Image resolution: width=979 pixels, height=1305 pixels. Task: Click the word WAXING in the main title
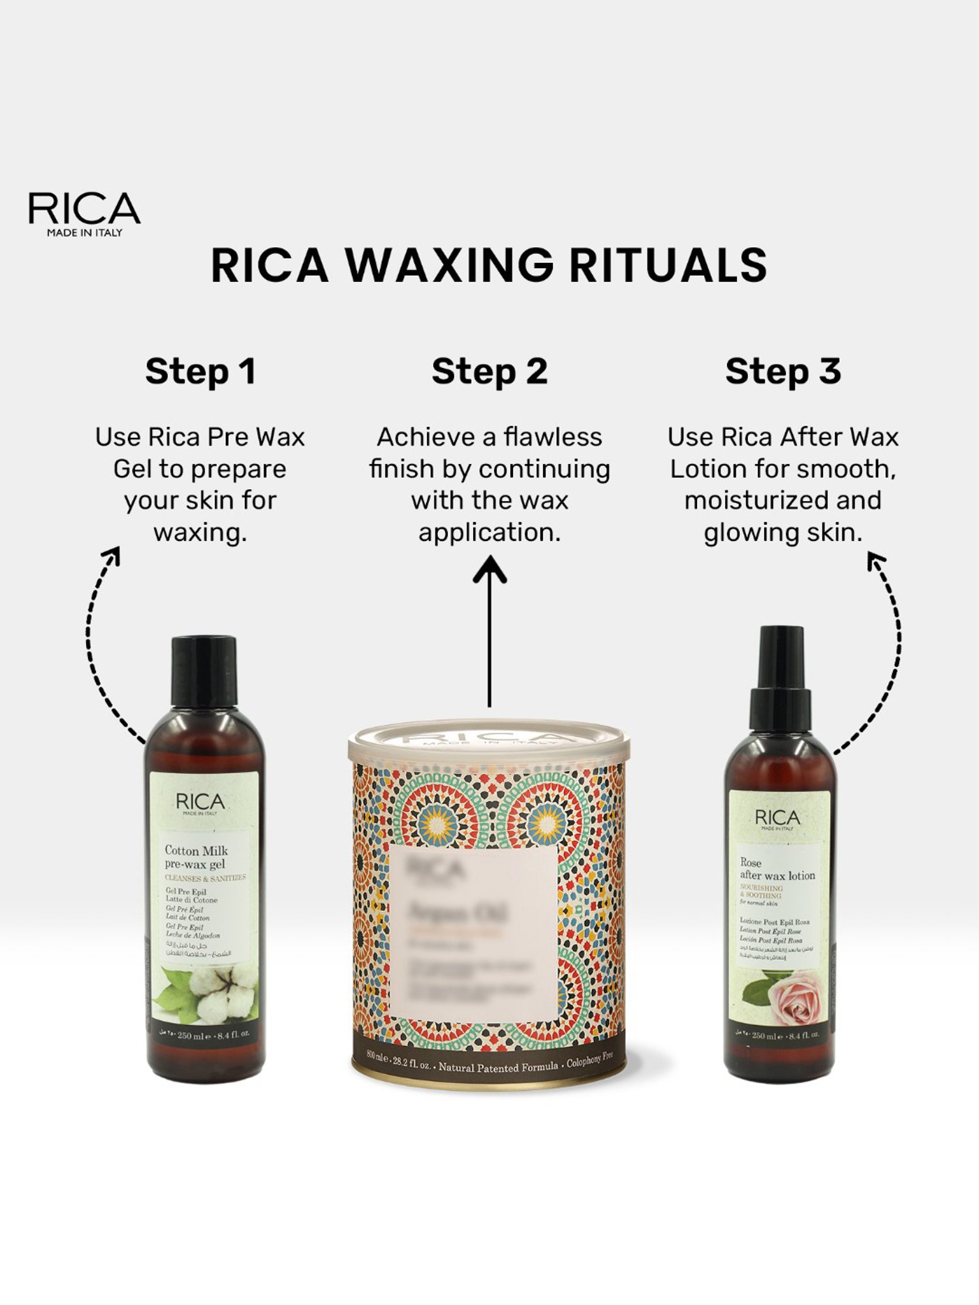[449, 265]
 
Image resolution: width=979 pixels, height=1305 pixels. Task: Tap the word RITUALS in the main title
[668, 265]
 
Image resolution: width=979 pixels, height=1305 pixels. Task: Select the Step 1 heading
[200, 371]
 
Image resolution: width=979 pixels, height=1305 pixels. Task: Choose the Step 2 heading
[489, 371]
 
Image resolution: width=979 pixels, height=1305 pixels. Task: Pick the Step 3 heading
[783, 371]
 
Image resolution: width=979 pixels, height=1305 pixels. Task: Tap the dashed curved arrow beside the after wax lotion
[889, 652]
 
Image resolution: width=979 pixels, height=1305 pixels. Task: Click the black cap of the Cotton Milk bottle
[204, 671]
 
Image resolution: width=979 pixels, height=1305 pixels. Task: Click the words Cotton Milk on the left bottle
[196, 850]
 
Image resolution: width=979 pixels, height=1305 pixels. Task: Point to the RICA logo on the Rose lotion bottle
[777, 819]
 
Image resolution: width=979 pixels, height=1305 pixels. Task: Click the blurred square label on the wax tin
[474, 932]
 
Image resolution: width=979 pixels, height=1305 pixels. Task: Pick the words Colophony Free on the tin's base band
[590, 1060]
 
